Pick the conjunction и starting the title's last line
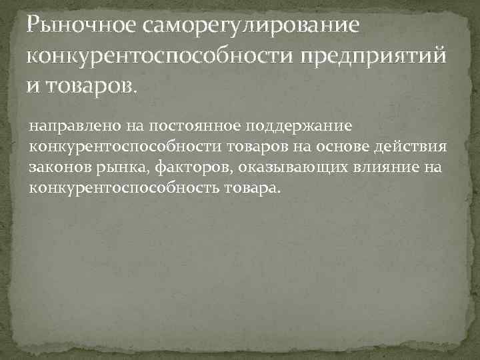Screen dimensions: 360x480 [x=33, y=85]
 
